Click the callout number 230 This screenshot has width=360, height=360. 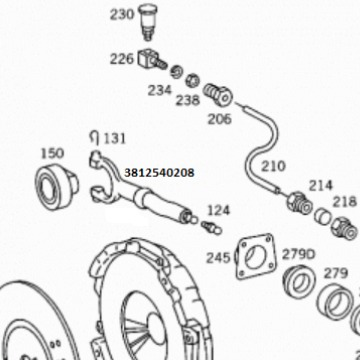(122, 14)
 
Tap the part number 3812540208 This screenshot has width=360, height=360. (159, 173)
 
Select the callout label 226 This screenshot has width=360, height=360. (122, 59)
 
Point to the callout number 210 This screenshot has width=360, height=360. (273, 166)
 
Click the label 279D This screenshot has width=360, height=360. (298, 255)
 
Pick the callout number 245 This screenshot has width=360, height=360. (218, 258)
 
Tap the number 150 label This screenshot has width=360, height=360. (52, 153)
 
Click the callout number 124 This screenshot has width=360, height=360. (219, 210)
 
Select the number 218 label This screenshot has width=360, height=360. (344, 202)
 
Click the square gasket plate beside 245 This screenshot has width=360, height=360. (256, 256)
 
